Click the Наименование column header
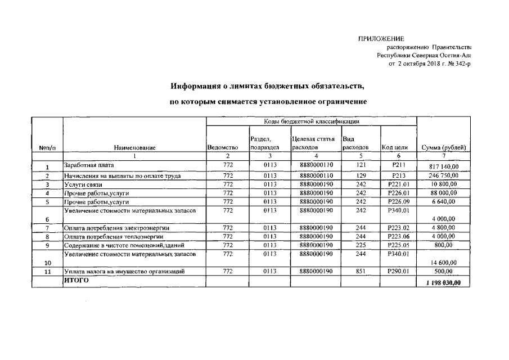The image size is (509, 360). point(134,147)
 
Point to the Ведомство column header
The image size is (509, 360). point(223,147)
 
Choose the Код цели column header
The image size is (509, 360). point(394,147)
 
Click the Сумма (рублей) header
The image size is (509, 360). point(443,147)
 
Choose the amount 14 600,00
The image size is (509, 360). point(443,263)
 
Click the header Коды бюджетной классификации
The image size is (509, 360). point(312,121)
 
